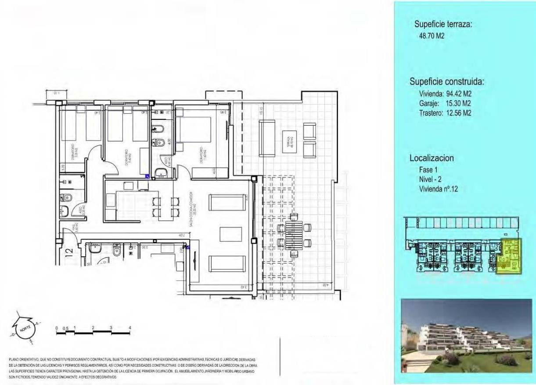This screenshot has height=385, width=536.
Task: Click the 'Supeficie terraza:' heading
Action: [x=443, y=25]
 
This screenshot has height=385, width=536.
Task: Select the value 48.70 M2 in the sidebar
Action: [x=432, y=36]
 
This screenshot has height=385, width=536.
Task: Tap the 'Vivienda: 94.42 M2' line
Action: [x=446, y=94]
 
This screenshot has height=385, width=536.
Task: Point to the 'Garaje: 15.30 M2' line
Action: [x=446, y=103]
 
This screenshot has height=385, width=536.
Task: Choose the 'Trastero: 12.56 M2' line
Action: [x=446, y=113]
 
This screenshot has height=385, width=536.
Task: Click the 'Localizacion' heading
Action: [x=432, y=158]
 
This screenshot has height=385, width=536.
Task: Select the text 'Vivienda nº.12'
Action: [x=439, y=190]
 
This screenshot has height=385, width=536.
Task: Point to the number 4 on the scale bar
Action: [x=130, y=327]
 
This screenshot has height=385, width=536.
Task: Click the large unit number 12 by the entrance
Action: [x=69, y=253]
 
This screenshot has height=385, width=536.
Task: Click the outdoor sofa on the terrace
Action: [x=267, y=138]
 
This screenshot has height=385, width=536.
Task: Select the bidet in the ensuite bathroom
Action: [x=158, y=129]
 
